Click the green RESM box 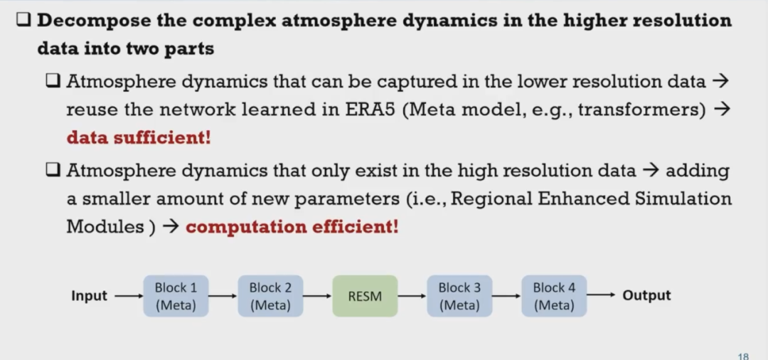pos(365,296)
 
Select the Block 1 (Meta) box pos(176,296)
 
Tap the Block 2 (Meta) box pos(270,296)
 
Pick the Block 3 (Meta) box pos(459,296)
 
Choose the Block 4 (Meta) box pos(554,296)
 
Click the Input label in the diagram pos(89,296)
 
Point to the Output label pos(646,295)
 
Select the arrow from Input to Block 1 pos(129,296)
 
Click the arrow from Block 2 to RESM pos(317,296)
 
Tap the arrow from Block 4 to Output pos(600,295)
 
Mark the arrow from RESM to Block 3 pos(412,296)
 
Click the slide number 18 pos(743,356)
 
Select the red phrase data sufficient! pos(139,137)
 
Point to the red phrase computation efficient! pos(292,227)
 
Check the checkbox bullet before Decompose pos(24,20)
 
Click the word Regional pos(490,199)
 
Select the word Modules pos(105,226)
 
